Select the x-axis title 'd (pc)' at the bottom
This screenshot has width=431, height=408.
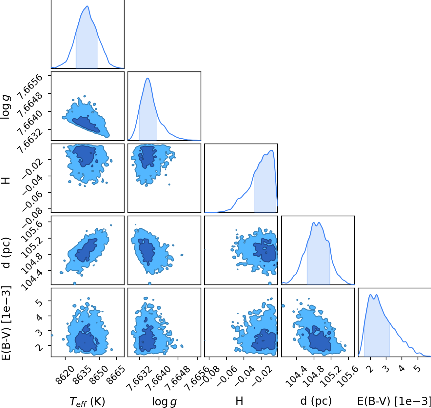coord(316,400)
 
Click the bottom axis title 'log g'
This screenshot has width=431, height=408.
coord(164,401)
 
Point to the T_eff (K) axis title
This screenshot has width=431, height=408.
coord(87,401)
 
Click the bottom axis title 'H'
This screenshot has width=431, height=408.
coord(239,400)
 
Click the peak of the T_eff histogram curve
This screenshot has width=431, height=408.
coord(87,6)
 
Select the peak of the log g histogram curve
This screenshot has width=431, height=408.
coord(148,78)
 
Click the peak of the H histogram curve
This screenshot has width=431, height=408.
coord(272,150)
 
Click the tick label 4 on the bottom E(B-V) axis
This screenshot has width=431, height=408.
coord(402,369)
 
